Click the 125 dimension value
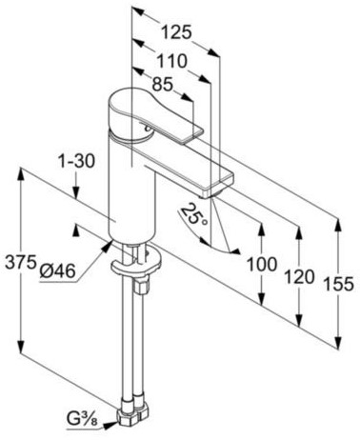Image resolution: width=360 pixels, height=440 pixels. point(176,32)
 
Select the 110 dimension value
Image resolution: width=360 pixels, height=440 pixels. point(172,61)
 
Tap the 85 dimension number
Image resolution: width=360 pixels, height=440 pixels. point(162,85)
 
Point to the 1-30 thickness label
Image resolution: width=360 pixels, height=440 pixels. point(76,161)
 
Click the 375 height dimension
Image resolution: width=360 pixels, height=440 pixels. point(20,262)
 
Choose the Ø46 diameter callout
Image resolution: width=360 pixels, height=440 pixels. point(57,271)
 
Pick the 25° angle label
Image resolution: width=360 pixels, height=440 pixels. point(194,215)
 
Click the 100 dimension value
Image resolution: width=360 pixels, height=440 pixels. point(262,264)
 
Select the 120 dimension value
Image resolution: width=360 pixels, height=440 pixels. point(299,276)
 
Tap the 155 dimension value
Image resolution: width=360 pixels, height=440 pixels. point(338,284)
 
